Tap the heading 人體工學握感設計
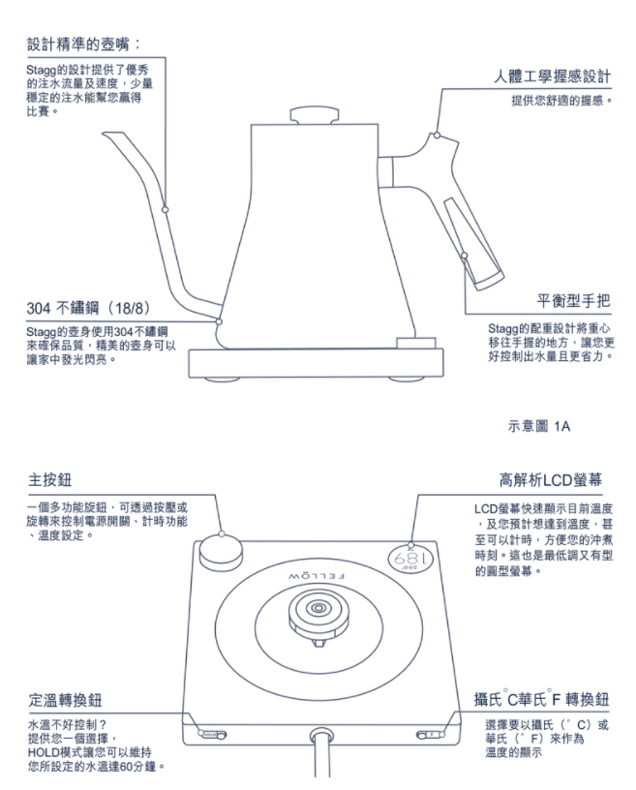pyautogui.click(x=548, y=76)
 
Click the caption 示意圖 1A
pyautogui.click(x=539, y=424)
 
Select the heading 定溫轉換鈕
pyautogui.click(x=67, y=700)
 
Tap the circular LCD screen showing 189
pyautogui.click(x=412, y=559)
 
